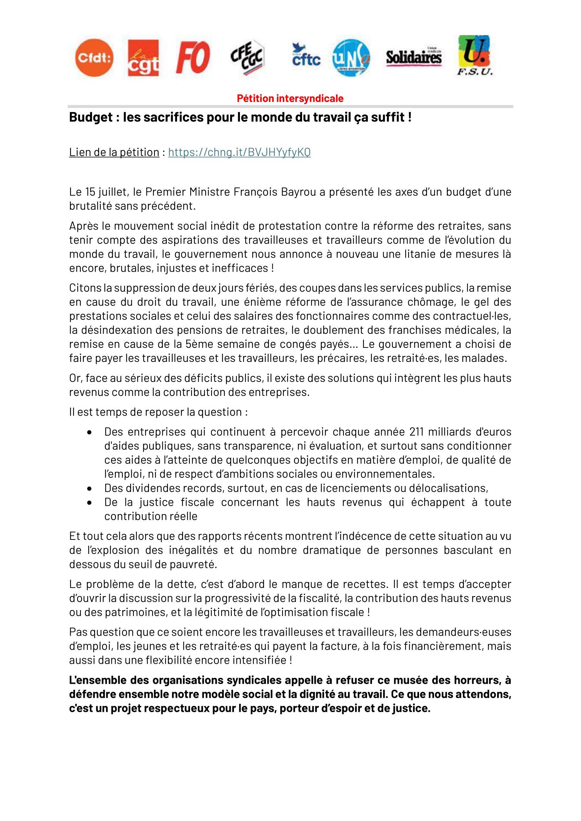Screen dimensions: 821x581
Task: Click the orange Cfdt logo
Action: [x=94, y=58]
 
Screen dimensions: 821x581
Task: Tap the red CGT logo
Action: [x=143, y=58]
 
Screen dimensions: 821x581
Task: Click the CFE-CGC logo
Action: [x=248, y=57]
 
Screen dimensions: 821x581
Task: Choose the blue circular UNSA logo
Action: [x=351, y=58]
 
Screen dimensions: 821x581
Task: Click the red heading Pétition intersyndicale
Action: [x=290, y=98]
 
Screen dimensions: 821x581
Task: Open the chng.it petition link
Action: [x=239, y=152]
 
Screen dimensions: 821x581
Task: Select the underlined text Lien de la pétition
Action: [x=114, y=152]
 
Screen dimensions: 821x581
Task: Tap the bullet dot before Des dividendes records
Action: [x=90, y=489]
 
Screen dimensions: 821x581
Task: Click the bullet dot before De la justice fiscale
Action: [x=90, y=503]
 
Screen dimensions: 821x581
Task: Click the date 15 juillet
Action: [x=106, y=192]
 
